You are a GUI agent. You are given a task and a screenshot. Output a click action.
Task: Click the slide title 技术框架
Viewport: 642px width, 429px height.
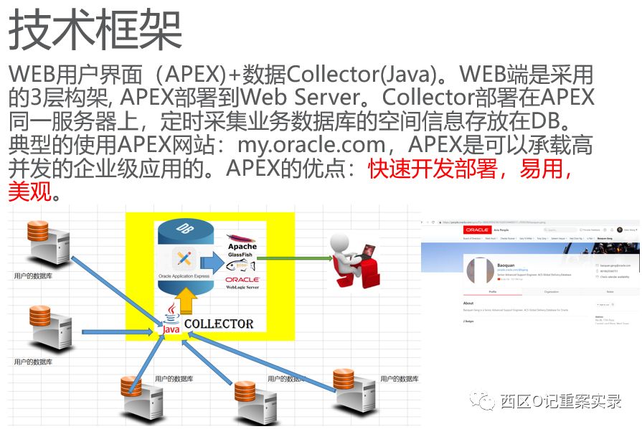pos(95,30)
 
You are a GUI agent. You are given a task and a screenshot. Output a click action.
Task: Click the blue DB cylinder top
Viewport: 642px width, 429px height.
pos(185,230)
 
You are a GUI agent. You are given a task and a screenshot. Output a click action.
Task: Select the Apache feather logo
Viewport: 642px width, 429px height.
pos(241,237)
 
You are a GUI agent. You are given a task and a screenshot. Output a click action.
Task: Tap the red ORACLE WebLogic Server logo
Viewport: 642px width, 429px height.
pos(242,282)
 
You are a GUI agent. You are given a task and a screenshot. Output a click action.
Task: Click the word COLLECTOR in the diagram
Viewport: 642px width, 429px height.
pos(219,324)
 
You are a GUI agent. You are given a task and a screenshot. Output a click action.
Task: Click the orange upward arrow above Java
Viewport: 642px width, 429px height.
pos(186,298)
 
